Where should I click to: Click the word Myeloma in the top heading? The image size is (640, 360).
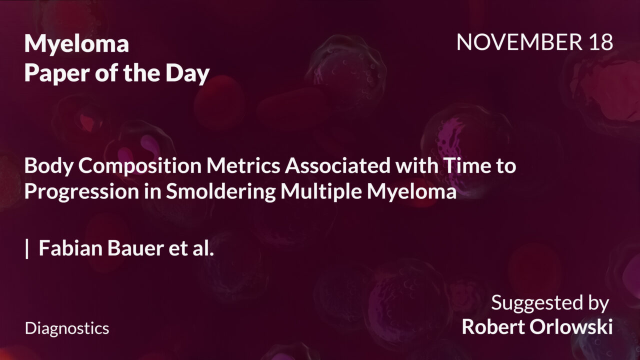76,44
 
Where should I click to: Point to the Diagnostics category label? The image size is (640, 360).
67,328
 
